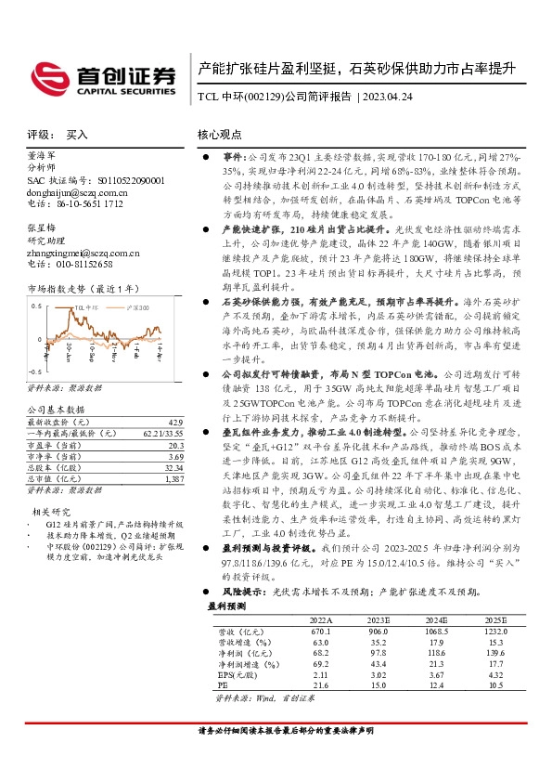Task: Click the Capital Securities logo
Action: click(x=104, y=76)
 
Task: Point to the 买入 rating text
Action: click(x=77, y=135)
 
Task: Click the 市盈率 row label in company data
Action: click(x=57, y=445)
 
